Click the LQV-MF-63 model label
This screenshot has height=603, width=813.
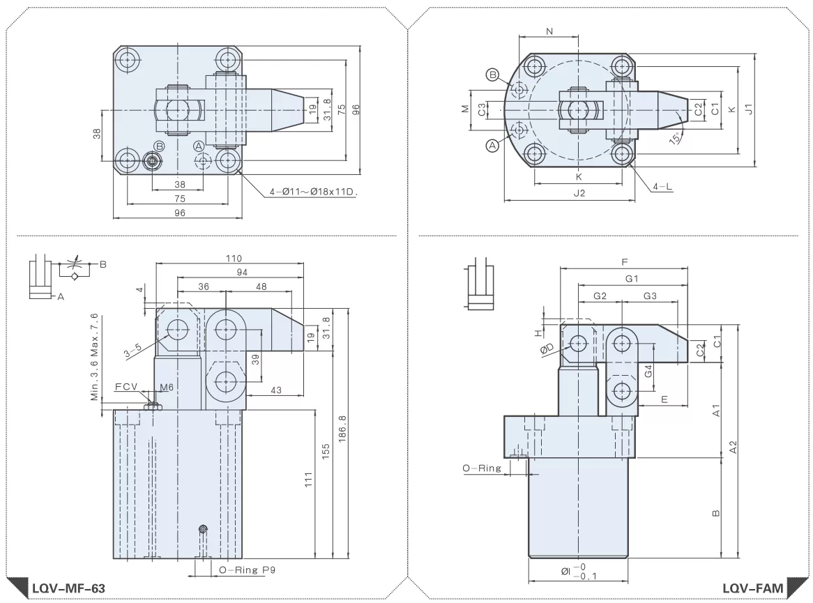tap(68, 588)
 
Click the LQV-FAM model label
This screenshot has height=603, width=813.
tap(753, 588)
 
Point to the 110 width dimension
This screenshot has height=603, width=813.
tap(234, 258)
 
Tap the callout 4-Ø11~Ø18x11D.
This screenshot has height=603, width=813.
tap(314, 192)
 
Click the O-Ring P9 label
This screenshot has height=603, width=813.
tap(247, 570)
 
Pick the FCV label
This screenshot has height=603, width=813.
tap(126, 386)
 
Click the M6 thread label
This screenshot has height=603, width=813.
tap(167, 387)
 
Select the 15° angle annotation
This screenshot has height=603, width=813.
tap(676, 138)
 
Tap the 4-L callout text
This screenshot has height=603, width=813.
tap(662, 186)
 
